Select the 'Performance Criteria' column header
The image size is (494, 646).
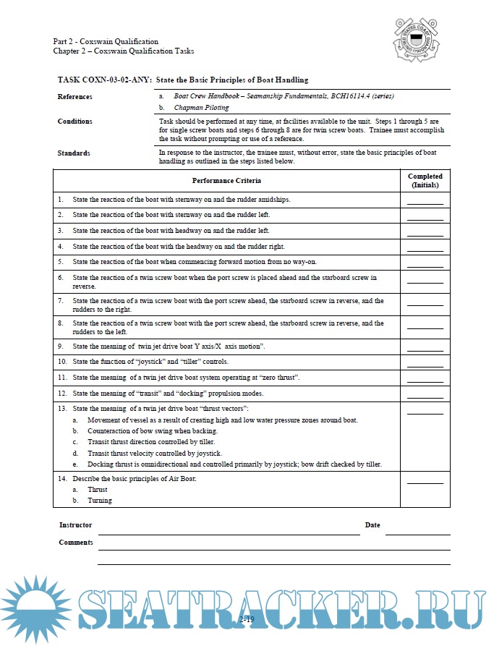click(226, 180)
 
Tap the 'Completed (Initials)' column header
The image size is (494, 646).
click(425, 180)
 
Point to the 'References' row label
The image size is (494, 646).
click(75, 96)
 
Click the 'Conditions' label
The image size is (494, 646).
click(75, 122)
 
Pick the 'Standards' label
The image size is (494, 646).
click(74, 153)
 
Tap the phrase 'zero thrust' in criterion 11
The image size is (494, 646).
click(280, 378)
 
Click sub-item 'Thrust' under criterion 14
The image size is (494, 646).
click(98, 490)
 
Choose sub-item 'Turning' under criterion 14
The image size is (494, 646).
click(100, 501)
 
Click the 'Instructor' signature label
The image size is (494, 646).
click(75, 525)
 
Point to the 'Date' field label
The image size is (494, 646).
click(372, 525)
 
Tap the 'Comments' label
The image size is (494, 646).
click(76, 542)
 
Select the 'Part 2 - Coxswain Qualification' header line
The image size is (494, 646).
click(106, 41)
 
